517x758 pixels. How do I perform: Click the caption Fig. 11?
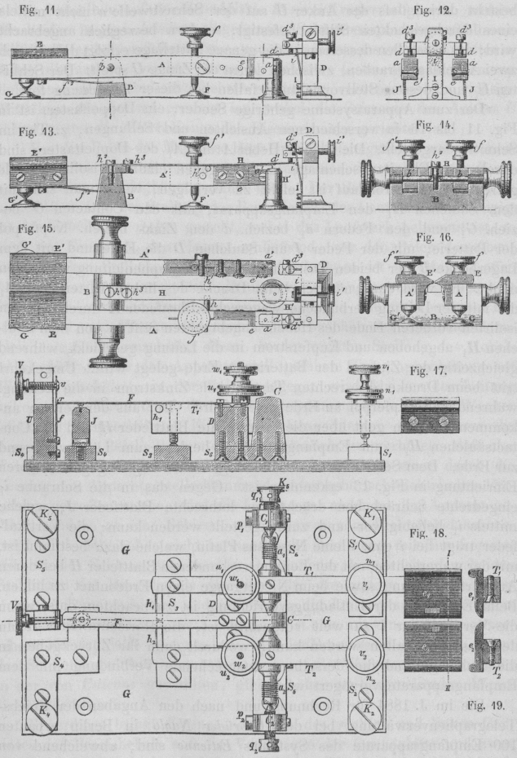pos(29,11)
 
